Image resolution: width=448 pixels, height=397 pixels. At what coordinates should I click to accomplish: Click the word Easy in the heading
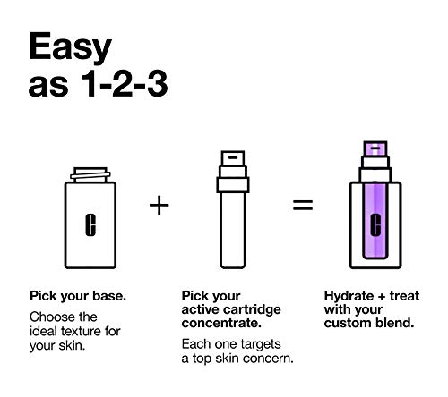tap(70, 47)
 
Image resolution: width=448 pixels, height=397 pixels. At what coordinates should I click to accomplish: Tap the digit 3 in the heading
tap(158, 84)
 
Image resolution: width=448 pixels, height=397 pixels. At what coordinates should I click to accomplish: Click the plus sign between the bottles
tap(159, 205)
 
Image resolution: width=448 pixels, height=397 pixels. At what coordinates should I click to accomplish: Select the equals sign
tap(303, 205)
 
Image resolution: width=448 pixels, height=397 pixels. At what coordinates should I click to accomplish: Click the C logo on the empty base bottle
tap(90, 225)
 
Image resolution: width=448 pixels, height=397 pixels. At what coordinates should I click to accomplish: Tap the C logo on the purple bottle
tap(375, 225)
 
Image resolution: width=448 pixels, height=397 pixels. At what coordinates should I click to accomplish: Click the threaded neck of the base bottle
tap(90, 175)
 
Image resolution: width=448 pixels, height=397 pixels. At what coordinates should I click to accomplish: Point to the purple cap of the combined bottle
tap(375, 148)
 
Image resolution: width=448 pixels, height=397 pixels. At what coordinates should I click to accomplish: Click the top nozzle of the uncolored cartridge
tap(233, 158)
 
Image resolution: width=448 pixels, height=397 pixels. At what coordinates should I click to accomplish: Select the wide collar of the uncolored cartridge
tap(233, 185)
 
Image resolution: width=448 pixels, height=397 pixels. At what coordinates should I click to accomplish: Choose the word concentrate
tap(221, 324)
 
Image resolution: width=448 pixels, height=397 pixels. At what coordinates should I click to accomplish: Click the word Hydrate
tap(349, 297)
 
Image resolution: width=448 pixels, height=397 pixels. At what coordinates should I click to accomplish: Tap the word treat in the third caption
tap(404, 296)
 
